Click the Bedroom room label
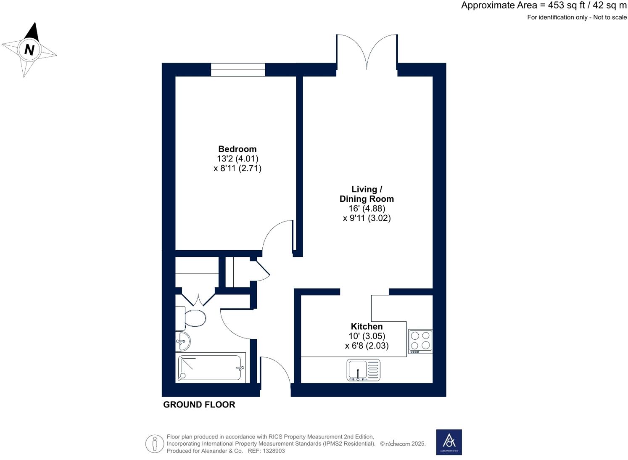tap(237, 149)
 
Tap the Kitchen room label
tap(367, 326)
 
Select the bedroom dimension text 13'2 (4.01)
tap(237, 159)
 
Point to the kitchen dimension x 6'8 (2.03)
tap(367, 346)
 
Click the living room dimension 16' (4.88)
tap(367, 208)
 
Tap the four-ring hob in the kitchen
tap(420, 341)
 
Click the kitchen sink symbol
tap(363, 370)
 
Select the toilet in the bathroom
tap(195, 318)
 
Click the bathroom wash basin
tap(183, 341)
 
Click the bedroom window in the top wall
tap(238, 69)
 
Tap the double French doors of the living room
tap(367, 53)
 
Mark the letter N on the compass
tap(29, 50)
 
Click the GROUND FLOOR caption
tap(199, 404)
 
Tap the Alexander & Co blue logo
tap(449, 442)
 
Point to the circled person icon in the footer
tap(155, 444)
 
